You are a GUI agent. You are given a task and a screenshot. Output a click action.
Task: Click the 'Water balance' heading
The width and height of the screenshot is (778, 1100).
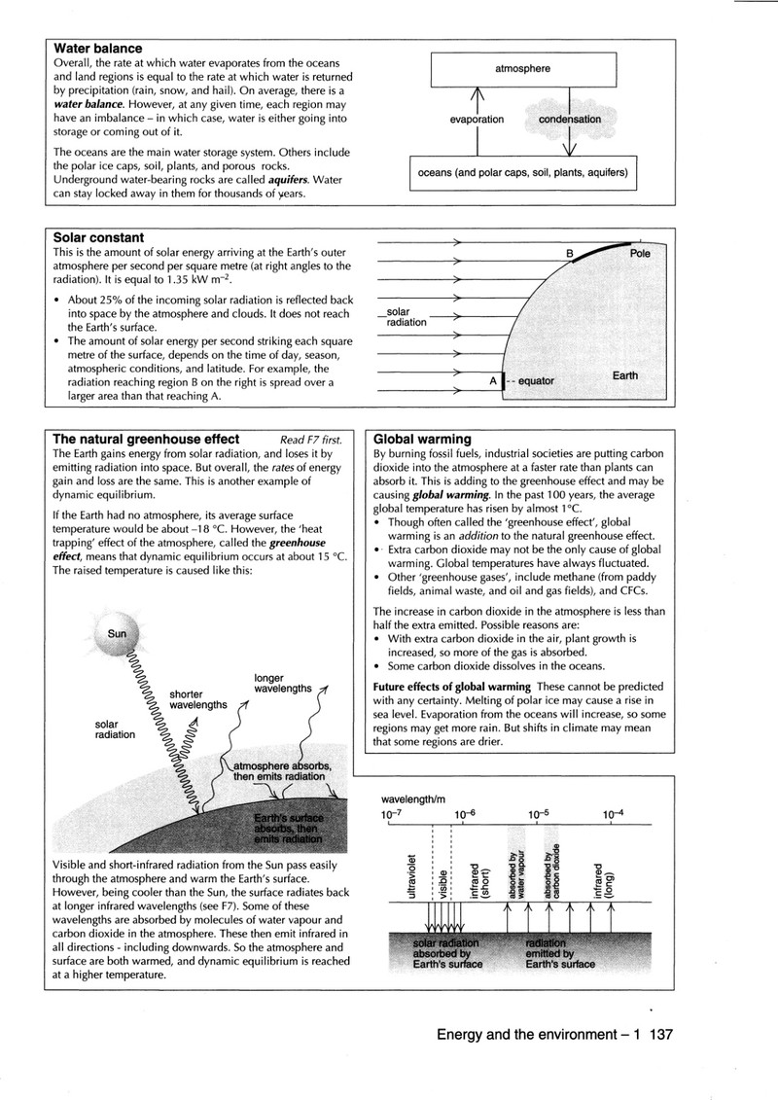(97, 49)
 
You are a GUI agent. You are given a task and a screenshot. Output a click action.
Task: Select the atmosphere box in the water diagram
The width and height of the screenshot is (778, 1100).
(523, 69)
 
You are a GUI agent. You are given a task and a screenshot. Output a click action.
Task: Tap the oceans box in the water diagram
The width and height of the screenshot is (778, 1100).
(522, 172)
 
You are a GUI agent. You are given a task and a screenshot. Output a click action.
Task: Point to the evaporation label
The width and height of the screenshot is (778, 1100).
(477, 120)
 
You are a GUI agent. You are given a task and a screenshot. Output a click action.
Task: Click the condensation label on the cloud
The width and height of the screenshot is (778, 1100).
(570, 120)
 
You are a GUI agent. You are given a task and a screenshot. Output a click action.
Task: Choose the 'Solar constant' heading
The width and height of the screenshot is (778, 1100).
(98, 238)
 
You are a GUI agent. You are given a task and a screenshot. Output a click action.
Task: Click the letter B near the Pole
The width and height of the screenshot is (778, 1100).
(570, 253)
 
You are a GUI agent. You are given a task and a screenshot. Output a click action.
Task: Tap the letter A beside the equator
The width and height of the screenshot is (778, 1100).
(493, 381)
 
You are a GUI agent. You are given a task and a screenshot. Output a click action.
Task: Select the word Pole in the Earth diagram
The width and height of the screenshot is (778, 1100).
(640, 253)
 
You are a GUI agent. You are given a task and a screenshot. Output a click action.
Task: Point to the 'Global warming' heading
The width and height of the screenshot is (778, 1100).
(422, 440)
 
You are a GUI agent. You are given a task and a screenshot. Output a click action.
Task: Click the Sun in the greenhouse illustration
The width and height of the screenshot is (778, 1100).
(117, 633)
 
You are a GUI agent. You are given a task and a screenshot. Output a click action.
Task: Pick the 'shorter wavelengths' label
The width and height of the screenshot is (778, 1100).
(197, 699)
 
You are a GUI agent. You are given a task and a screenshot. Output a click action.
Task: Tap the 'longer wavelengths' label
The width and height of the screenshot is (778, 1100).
(283, 684)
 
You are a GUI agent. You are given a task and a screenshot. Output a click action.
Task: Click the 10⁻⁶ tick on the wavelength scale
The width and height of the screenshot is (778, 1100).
(465, 814)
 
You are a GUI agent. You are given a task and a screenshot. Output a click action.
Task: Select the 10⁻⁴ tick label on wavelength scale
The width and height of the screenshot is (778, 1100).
(613, 814)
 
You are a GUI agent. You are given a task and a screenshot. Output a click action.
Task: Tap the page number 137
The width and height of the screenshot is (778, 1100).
(661, 1034)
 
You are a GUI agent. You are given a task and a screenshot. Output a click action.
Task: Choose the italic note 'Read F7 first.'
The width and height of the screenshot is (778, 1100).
(311, 440)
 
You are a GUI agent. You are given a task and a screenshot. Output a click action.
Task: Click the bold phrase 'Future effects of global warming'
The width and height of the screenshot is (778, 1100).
(452, 687)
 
